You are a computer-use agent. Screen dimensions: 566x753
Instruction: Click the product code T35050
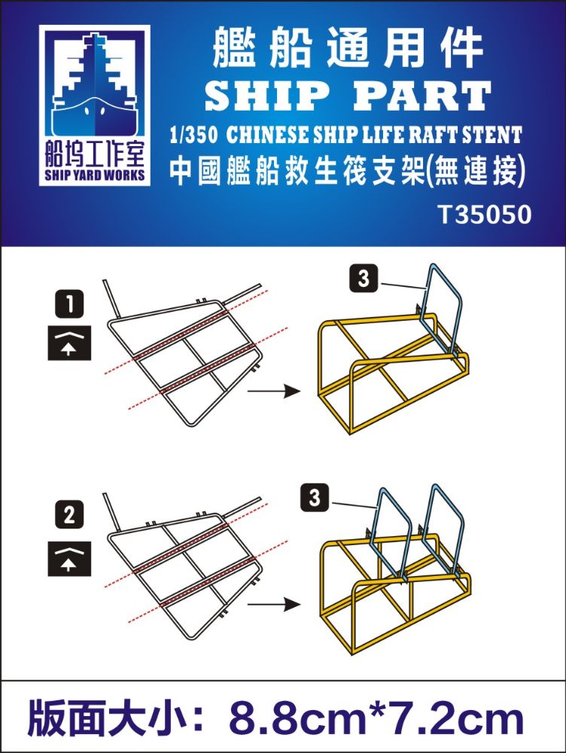click(485, 215)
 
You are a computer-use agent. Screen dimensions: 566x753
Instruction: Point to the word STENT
click(491, 136)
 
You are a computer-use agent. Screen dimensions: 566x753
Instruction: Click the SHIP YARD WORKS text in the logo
click(95, 175)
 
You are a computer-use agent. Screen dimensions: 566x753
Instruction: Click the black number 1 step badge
click(69, 304)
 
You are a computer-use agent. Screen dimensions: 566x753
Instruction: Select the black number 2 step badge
click(69, 515)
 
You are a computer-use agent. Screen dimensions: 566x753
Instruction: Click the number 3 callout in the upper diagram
click(364, 279)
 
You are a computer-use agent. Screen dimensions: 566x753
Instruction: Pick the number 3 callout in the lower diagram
click(315, 498)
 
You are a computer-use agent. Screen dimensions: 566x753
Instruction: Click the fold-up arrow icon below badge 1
click(69, 343)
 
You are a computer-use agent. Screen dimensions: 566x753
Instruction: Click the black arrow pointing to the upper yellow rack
click(274, 391)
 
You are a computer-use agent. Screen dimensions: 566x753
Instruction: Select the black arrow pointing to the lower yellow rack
click(274, 604)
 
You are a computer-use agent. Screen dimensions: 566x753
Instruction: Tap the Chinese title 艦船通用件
click(347, 48)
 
